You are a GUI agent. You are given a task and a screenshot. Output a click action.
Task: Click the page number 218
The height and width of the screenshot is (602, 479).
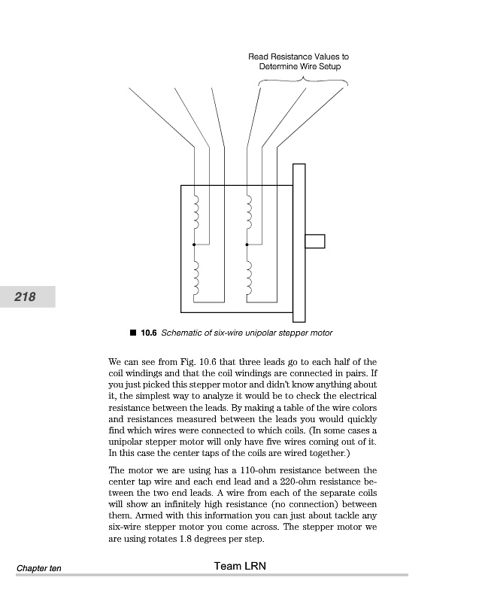click(26, 296)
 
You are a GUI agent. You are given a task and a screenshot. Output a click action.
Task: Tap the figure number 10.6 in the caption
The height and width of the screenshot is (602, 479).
click(149, 333)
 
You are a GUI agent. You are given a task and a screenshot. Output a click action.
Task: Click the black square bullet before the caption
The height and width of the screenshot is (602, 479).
click(132, 332)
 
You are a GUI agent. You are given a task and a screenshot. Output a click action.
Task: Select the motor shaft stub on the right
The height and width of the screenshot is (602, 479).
click(314, 241)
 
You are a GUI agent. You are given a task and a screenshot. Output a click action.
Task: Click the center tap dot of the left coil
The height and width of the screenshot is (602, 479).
click(194, 245)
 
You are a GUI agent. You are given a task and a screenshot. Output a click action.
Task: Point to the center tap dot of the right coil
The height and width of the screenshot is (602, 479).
click(247, 245)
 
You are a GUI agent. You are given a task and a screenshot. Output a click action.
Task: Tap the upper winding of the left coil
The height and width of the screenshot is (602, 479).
click(196, 213)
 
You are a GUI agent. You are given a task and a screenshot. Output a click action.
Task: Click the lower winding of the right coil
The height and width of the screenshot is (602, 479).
click(249, 278)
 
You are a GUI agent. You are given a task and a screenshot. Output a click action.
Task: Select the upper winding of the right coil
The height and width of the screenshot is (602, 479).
click(249, 213)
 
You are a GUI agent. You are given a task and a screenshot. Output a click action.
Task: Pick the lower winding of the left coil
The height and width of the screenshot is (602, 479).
click(196, 278)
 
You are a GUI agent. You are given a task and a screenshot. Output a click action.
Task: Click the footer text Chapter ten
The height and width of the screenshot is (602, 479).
click(37, 567)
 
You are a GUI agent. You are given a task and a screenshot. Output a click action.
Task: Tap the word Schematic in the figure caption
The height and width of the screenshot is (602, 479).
click(185, 333)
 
